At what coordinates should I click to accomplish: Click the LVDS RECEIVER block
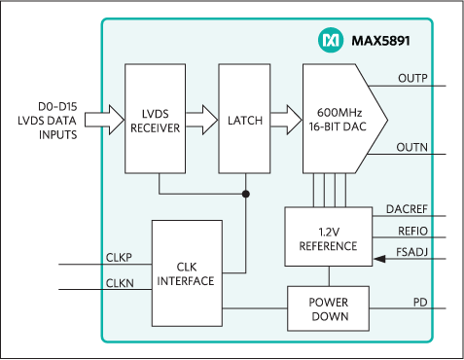(154, 121)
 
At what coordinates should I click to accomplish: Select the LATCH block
(243, 121)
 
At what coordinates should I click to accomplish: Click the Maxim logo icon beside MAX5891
(328, 40)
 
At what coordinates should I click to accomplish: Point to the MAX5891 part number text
(375, 40)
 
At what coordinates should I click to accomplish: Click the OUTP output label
(413, 78)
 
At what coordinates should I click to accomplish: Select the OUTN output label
(413, 147)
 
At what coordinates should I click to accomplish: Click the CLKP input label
(120, 258)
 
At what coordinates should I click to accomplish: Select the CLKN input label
(120, 284)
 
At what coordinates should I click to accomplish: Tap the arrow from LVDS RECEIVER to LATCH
(200, 121)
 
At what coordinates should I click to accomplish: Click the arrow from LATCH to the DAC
(286, 121)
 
